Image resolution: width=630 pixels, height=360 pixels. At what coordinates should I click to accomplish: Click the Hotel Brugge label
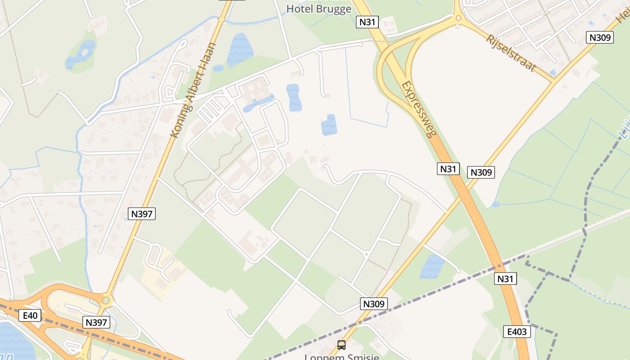point(319,9)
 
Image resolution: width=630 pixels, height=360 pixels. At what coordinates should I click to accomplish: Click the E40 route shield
point(30,315)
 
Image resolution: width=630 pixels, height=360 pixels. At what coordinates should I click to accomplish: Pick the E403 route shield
point(517,332)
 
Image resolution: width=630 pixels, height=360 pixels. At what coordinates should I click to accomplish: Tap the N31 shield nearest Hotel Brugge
point(367,22)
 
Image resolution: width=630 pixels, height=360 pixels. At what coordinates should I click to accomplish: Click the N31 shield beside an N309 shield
point(448,169)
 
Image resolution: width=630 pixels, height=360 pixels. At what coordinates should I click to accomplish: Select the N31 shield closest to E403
point(505,279)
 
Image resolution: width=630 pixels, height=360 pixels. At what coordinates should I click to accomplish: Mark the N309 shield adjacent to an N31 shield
point(481,172)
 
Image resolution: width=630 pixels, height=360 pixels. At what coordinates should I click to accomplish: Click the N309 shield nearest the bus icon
point(374,304)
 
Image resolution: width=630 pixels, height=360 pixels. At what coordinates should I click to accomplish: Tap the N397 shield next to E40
point(96,322)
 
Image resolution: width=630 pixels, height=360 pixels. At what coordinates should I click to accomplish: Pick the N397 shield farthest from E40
point(142,214)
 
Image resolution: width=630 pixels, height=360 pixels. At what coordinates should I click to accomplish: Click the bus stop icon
point(342,345)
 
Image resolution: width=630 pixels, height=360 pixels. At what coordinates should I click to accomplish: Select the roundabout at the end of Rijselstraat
point(459,18)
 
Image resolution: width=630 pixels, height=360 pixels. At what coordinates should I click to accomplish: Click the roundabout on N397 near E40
point(106,300)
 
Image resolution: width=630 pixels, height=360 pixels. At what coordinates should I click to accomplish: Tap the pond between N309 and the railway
point(432,266)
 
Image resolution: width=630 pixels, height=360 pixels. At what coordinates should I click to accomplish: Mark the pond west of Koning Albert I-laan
point(81,54)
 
